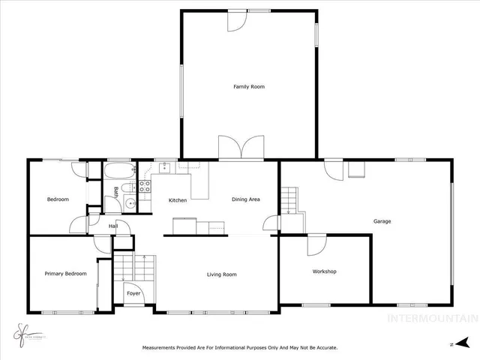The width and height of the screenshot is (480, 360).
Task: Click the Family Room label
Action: coord(248,87)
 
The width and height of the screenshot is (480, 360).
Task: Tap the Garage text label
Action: coord(382,221)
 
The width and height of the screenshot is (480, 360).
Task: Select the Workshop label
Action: coord(324,271)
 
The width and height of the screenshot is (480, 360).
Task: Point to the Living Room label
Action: coord(221,274)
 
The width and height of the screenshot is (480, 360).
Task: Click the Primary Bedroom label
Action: coord(65,274)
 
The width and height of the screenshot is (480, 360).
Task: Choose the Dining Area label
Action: coord(245,199)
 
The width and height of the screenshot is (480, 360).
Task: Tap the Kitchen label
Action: coord(177,200)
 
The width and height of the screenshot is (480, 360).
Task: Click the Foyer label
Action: coord(133,293)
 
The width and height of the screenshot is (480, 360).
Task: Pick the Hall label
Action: coord(113,226)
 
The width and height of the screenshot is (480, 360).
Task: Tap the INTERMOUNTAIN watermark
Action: coord(431,318)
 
